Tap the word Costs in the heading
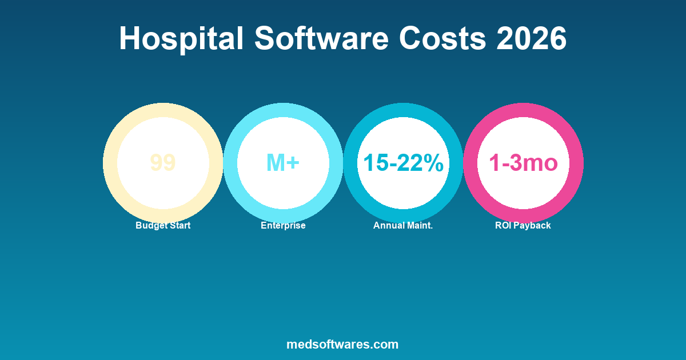point(443,39)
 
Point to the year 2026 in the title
point(532,39)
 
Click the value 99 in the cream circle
point(163,163)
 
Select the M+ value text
point(283,163)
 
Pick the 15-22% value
point(403,163)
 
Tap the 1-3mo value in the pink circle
point(523,163)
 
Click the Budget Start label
point(163,226)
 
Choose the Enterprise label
point(283,226)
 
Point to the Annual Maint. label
point(403,226)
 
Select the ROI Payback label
point(523,226)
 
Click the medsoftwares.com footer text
point(342,345)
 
